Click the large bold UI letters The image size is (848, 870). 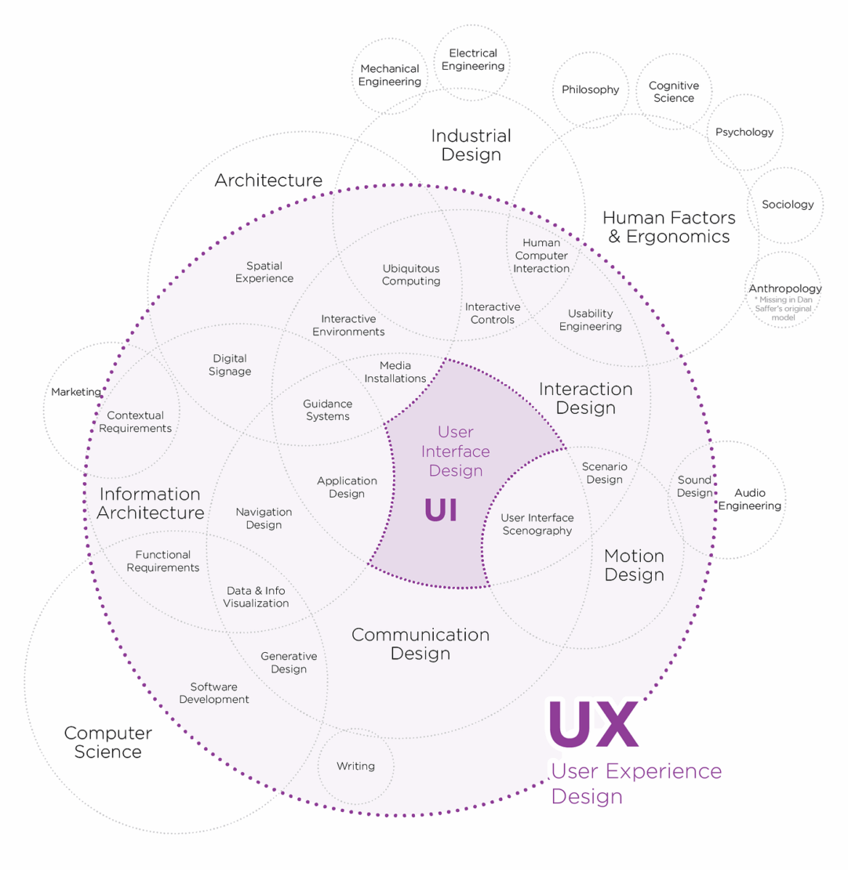(x=441, y=510)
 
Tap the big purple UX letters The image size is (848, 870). (x=593, y=723)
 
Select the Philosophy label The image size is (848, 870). (x=591, y=89)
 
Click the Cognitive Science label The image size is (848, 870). (x=674, y=92)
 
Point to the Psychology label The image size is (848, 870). (x=744, y=132)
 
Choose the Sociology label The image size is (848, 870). (x=788, y=205)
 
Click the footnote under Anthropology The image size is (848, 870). (x=783, y=309)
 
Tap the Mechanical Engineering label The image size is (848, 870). (x=389, y=75)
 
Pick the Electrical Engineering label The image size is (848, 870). (x=472, y=60)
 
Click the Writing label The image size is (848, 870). (x=355, y=767)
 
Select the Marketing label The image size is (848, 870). (x=76, y=392)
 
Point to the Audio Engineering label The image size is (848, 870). (x=750, y=498)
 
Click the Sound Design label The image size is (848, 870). (x=694, y=486)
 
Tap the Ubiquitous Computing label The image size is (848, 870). (x=411, y=274)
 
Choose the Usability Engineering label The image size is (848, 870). (x=591, y=320)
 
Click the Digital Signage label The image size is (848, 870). (x=230, y=364)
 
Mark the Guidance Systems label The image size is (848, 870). (x=328, y=410)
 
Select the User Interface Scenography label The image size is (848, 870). (x=537, y=524)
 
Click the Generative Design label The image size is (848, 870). (x=289, y=662)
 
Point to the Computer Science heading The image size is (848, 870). (x=107, y=742)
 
